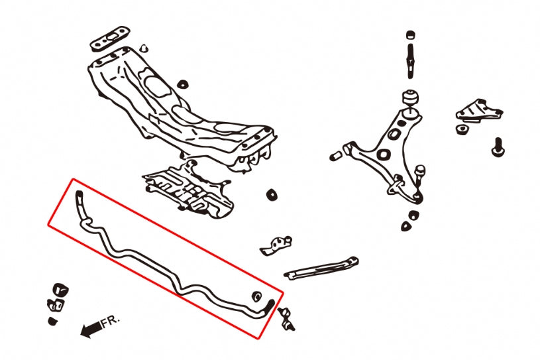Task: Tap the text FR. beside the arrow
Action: pyautogui.click(x=109, y=323)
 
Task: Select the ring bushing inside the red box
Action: pyautogui.click(x=257, y=295)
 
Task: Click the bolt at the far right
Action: pyautogui.click(x=498, y=147)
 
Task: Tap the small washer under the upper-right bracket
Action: pyautogui.click(x=460, y=129)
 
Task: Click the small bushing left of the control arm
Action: pyautogui.click(x=335, y=156)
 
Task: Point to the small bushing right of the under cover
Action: pyautogui.click(x=270, y=195)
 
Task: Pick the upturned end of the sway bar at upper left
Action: pyautogui.click(x=80, y=200)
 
